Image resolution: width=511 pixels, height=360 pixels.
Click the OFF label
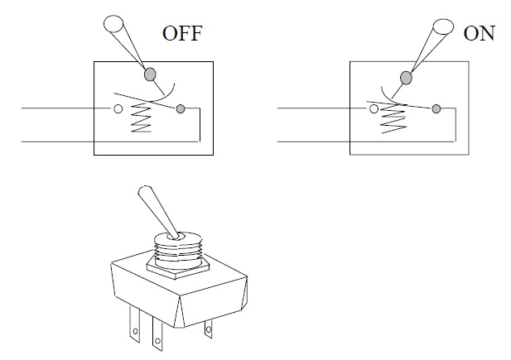click(x=182, y=33)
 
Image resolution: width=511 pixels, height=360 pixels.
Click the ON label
click(x=479, y=33)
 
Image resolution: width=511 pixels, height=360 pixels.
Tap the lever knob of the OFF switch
click(x=113, y=23)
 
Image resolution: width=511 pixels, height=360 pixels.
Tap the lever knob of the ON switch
click(x=443, y=26)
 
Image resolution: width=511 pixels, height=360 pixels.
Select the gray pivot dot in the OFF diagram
click(x=150, y=74)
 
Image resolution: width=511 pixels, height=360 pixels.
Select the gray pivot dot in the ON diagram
click(x=406, y=78)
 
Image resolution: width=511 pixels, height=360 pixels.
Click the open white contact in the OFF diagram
click(x=118, y=108)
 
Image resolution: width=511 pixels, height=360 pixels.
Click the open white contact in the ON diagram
click(x=374, y=108)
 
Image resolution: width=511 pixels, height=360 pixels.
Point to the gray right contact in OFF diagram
click(x=181, y=108)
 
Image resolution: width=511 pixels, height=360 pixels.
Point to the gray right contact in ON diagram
click(x=436, y=108)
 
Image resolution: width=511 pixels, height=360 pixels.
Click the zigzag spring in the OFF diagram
click(x=141, y=117)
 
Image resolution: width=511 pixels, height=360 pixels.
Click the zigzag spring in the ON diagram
click(x=393, y=118)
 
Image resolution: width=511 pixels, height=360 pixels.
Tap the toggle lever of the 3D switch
click(x=159, y=212)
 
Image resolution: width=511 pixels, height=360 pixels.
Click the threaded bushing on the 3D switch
click(x=178, y=249)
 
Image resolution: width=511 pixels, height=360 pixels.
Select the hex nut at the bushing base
click(x=178, y=268)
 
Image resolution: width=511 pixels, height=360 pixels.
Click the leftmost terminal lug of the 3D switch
click(x=135, y=324)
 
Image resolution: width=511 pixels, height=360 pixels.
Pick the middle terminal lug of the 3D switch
click(x=157, y=334)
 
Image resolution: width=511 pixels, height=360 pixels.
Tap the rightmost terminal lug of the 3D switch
click(x=209, y=329)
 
